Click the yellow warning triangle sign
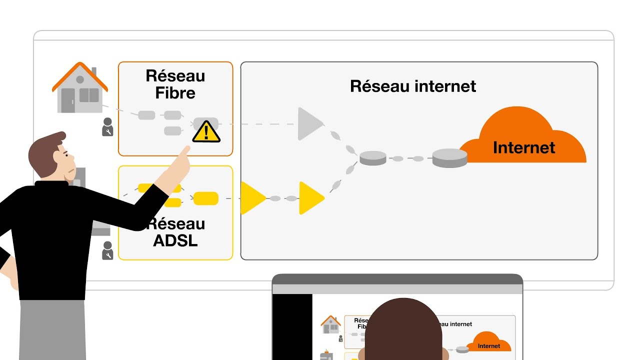coord(206,132)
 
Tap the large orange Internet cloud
coord(522,140)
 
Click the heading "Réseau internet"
coord(413,86)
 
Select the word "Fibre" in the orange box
coord(175,93)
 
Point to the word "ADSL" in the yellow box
coord(175,240)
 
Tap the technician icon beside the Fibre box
coord(107,127)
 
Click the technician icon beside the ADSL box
coord(107,250)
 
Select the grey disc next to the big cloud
coord(449,158)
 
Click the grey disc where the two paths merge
coord(373,158)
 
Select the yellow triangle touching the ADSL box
coord(251,198)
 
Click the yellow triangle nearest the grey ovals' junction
coord(310,198)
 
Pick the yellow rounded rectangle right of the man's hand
coord(205,198)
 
